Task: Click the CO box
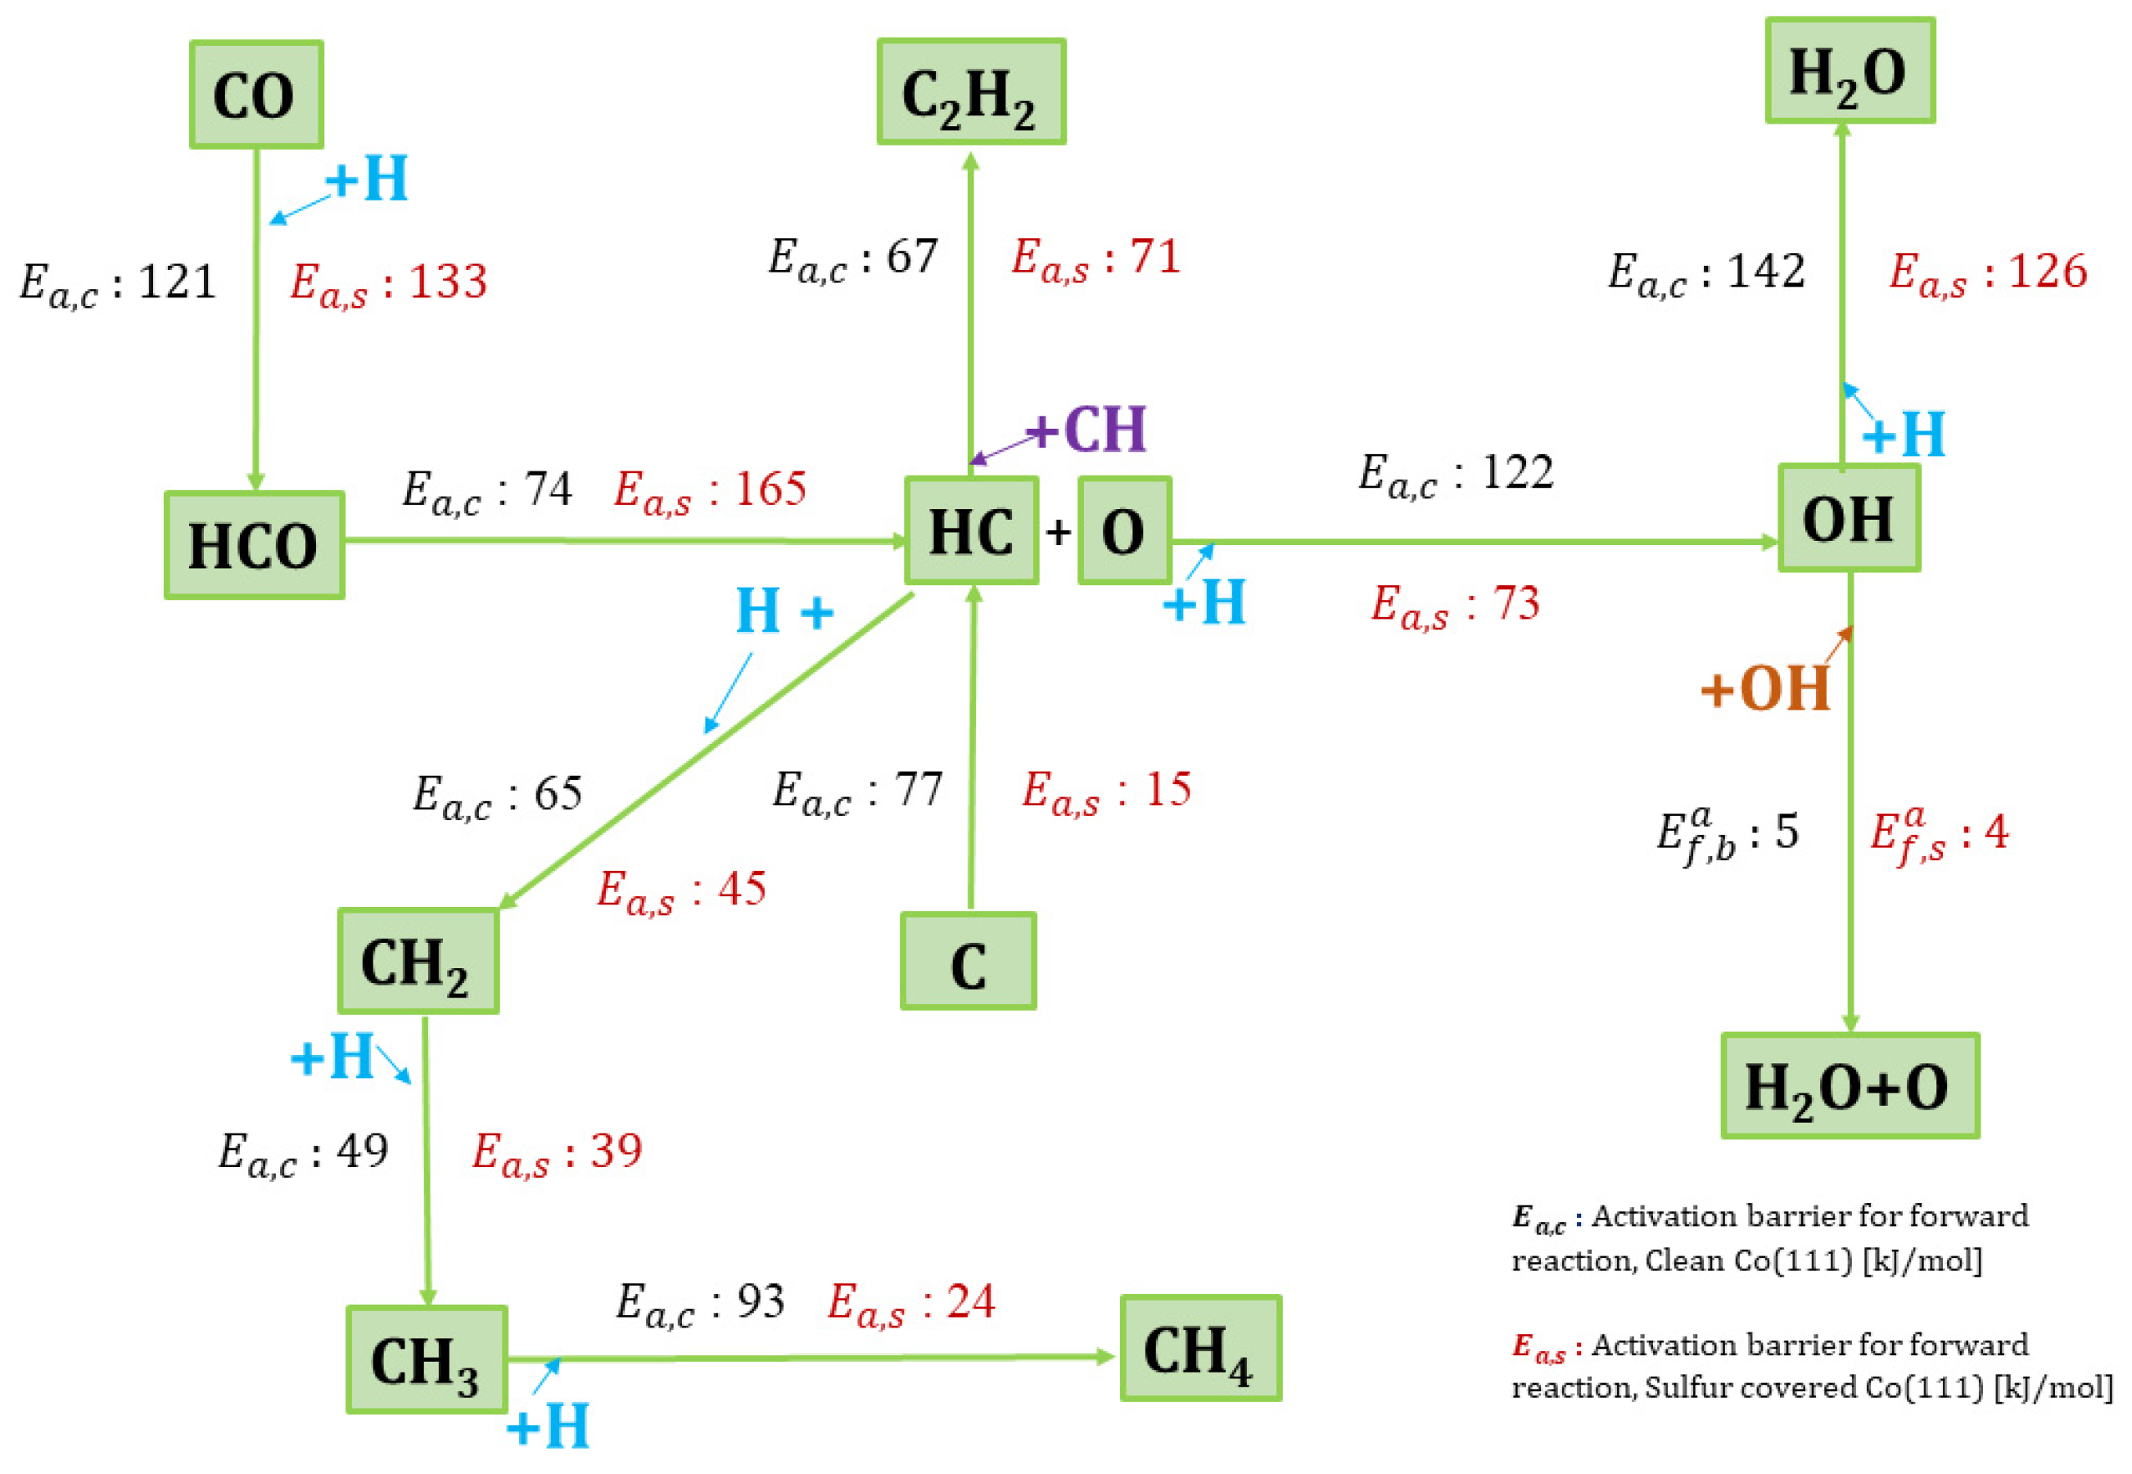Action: [x=256, y=94]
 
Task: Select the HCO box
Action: [x=254, y=545]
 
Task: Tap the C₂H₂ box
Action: [x=971, y=92]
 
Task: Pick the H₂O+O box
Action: [x=1850, y=1086]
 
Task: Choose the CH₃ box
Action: [x=426, y=1359]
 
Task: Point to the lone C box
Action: [x=968, y=962]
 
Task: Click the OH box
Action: [x=1849, y=518]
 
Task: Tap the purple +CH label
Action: [x=1087, y=430]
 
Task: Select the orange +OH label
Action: [x=1765, y=688]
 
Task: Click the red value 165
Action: [x=770, y=489]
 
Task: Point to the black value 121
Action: [x=176, y=281]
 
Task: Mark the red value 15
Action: [x=1168, y=790]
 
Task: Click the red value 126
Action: [x=2048, y=272]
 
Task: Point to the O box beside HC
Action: [x=1124, y=531]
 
